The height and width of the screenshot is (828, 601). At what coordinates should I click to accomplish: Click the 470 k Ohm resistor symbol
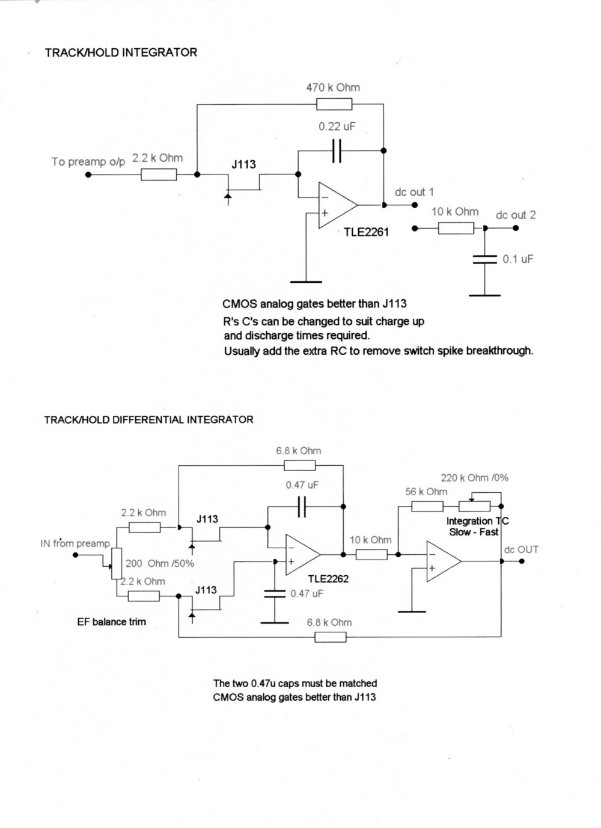(x=334, y=105)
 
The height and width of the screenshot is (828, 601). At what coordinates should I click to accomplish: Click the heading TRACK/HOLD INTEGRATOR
(x=121, y=52)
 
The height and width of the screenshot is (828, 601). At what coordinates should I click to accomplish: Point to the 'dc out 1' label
(x=414, y=192)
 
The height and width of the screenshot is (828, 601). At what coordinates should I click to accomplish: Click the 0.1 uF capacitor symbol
(x=484, y=259)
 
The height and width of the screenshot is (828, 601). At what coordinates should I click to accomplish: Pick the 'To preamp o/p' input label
(x=88, y=161)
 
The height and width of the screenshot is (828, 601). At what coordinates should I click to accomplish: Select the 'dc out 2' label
(x=516, y=215)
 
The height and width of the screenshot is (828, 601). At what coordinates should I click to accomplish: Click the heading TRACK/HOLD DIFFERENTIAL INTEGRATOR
(x=148, y=419)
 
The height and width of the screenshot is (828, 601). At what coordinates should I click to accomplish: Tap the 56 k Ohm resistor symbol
(x=427, y=507)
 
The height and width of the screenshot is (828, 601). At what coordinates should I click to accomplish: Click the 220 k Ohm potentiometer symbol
(x=475, y=507)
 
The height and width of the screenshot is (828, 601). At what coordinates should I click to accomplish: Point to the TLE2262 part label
(x=328, y=579)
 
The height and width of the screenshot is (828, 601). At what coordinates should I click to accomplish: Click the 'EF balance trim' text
(x=111, y=622)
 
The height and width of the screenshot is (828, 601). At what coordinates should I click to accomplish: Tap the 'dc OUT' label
(x=521, y=549)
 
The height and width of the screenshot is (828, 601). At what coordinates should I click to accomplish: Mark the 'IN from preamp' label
(x=75, y=543)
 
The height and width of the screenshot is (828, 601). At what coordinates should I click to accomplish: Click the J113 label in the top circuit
(x=243, y=164)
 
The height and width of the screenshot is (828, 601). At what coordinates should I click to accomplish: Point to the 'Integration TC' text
(x=477, y=521)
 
